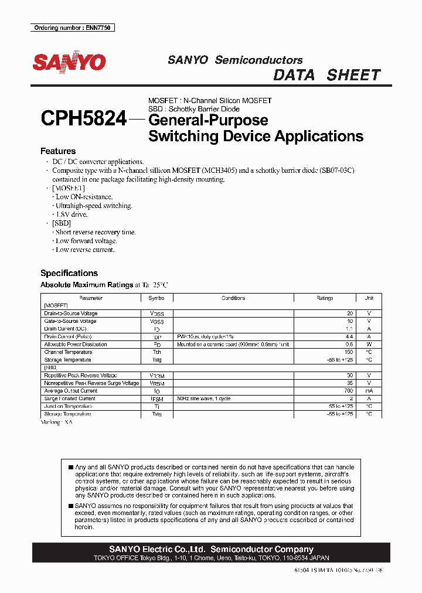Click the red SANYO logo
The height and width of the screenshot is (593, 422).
click(69, 63)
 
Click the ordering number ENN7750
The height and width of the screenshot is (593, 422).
click(73, 28)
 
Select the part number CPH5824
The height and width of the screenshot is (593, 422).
click(83, 120)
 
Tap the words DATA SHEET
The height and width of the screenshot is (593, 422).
click(327, 75)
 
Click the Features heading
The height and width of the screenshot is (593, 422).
click(58, 151)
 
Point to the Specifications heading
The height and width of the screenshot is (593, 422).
click(69, 273)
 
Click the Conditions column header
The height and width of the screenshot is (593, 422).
click(233, 298)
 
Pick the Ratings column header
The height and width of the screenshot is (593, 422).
click(325, 298)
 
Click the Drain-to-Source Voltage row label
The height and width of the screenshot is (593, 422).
click(71, 313)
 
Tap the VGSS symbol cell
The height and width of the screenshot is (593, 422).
click(157, 322)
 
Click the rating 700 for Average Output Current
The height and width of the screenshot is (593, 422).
click(348, 391)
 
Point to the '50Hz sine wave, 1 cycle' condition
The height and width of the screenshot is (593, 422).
click(204, 398)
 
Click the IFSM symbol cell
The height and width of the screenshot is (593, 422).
click(157, 398)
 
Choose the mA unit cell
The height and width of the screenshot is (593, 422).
click(369, 391)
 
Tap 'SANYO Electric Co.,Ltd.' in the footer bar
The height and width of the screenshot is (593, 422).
click(157, 549)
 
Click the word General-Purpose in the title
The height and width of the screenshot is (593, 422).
click(208, 120)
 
